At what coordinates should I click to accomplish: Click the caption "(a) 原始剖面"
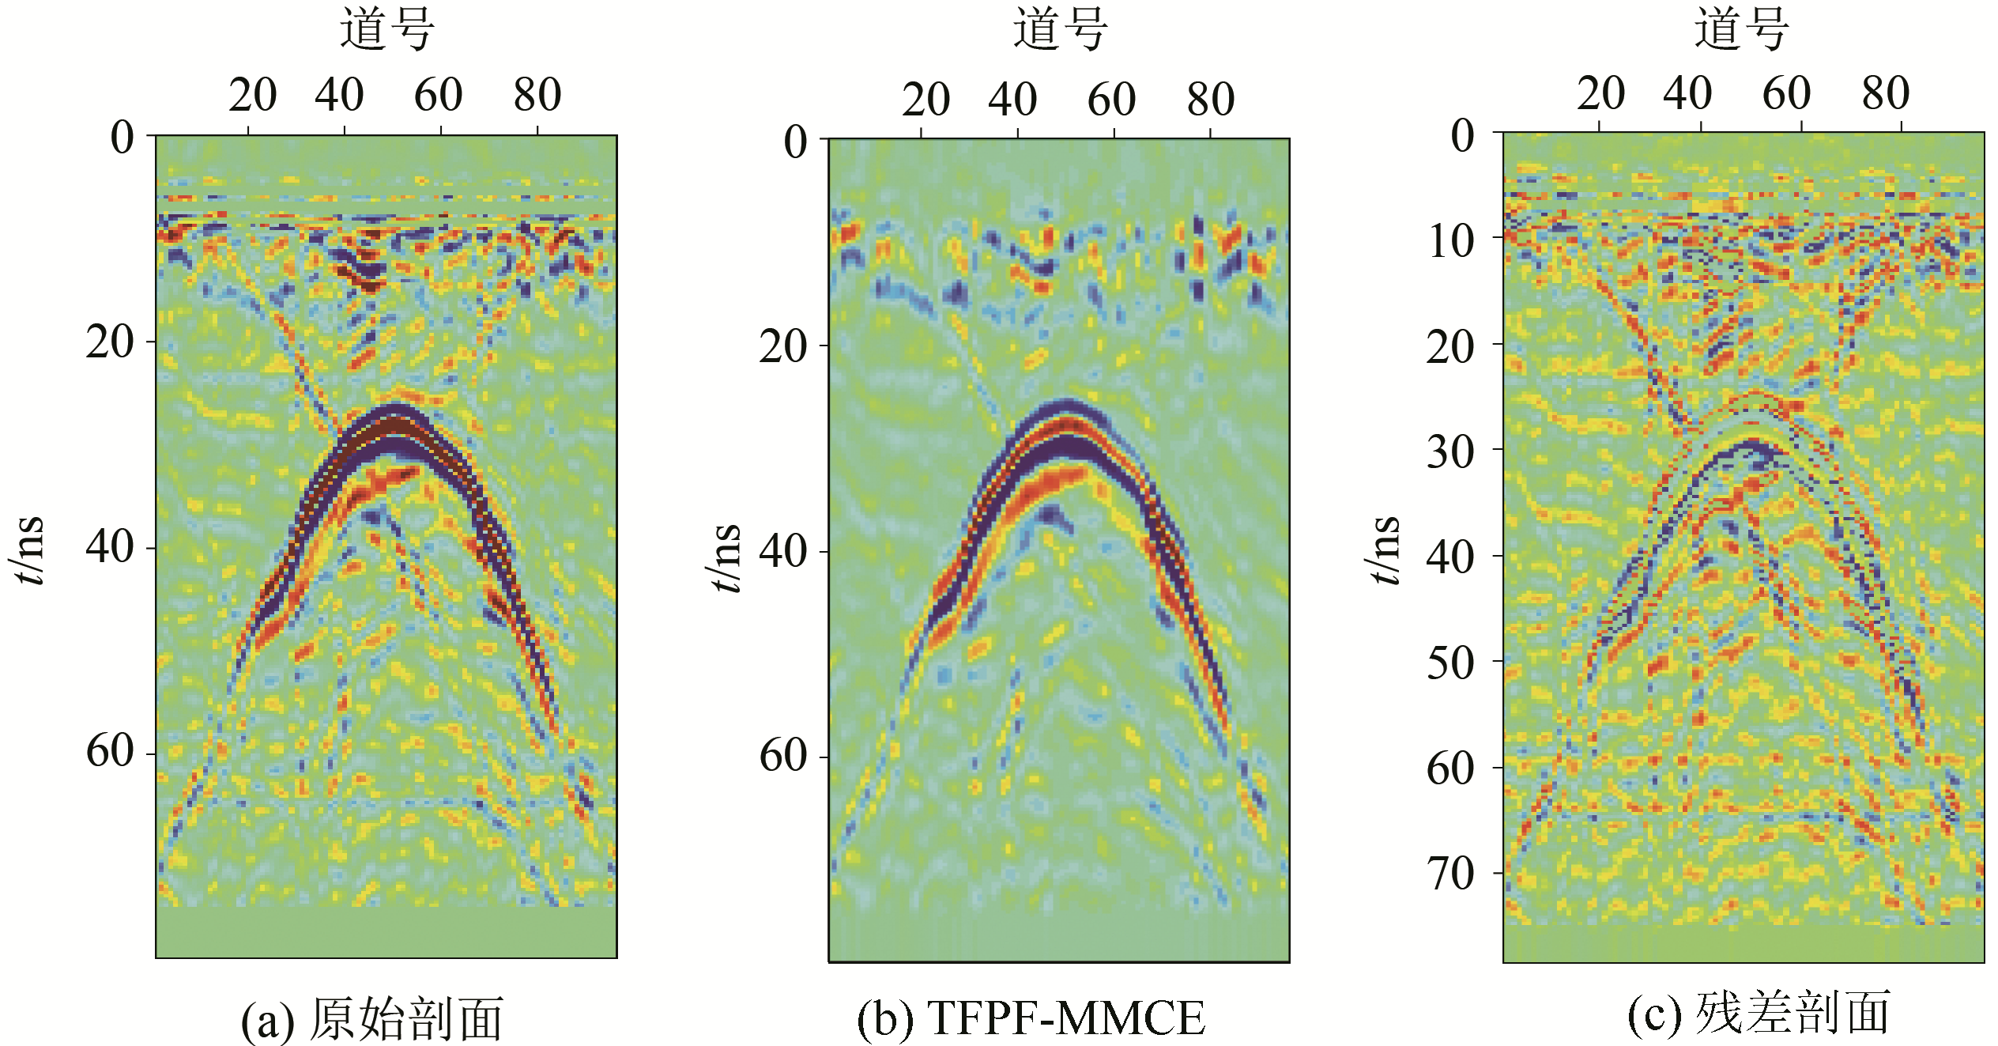pos(371,1018)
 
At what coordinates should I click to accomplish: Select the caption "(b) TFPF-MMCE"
pos(1031,1018)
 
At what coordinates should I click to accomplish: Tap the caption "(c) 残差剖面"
pos(1759,1014)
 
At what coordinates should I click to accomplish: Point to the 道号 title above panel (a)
pos(387,30)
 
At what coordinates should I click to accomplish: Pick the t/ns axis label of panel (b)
pos(726,557)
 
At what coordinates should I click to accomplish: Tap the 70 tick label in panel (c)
pos(1450,874)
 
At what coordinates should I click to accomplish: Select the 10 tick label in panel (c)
pos(1450,240)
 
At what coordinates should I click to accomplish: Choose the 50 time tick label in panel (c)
pos(1450,663)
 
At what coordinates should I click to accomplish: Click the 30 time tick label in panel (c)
pos(1450,451)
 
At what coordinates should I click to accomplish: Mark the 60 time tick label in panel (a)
pos(110,750)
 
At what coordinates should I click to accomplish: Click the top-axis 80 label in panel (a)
pos(537,96)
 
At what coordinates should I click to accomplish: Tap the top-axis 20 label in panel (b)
pos(925,100)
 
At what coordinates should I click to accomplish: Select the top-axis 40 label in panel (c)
pos(1687,94)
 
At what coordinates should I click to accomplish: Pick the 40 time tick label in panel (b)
pos(782,551)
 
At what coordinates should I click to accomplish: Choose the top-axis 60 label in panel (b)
pos(1111,100)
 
